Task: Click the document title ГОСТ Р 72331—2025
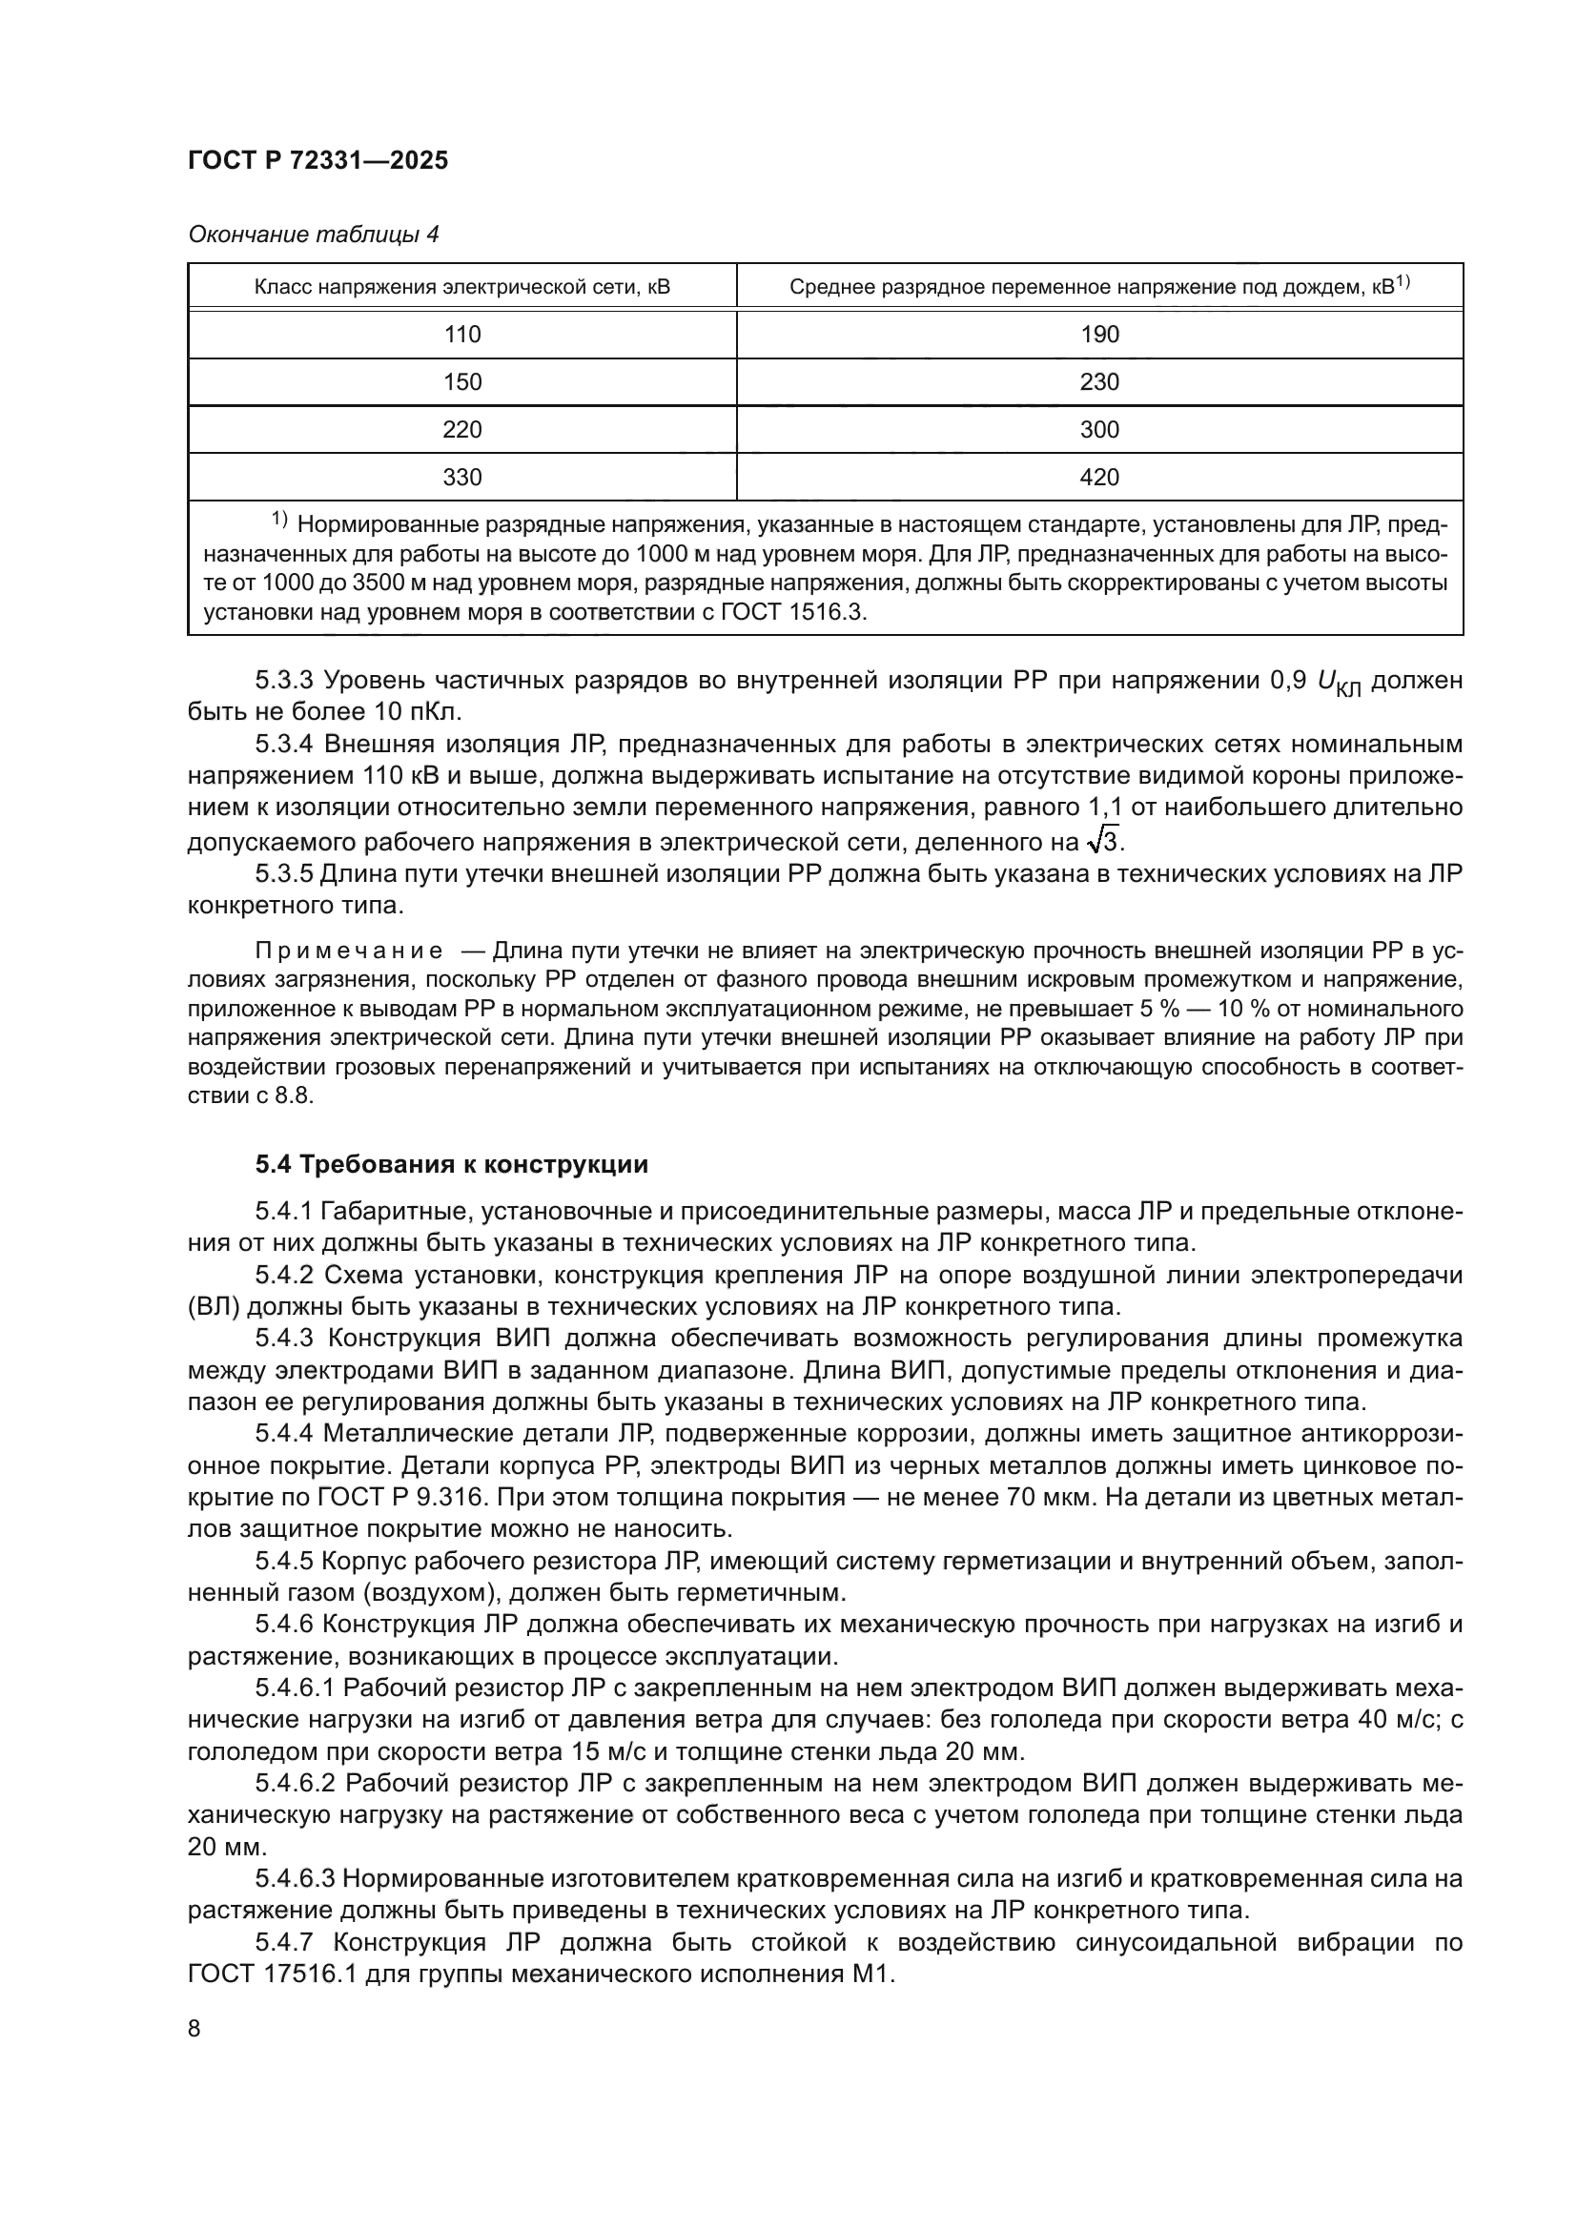coord(317,160)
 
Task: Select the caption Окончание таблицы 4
coord(313,235)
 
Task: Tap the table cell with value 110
coord(462,334)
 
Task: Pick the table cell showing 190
coord(1099,334)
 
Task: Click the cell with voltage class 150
coord(462,381)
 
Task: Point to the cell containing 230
coord(1099,381)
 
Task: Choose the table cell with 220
coord(462,429)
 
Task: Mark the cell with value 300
coord(1099,429)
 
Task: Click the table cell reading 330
coord(462,477)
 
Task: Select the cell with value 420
coord(1099,477)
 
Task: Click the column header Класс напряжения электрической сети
coord(462,288)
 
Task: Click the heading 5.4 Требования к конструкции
coord(452,1164)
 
